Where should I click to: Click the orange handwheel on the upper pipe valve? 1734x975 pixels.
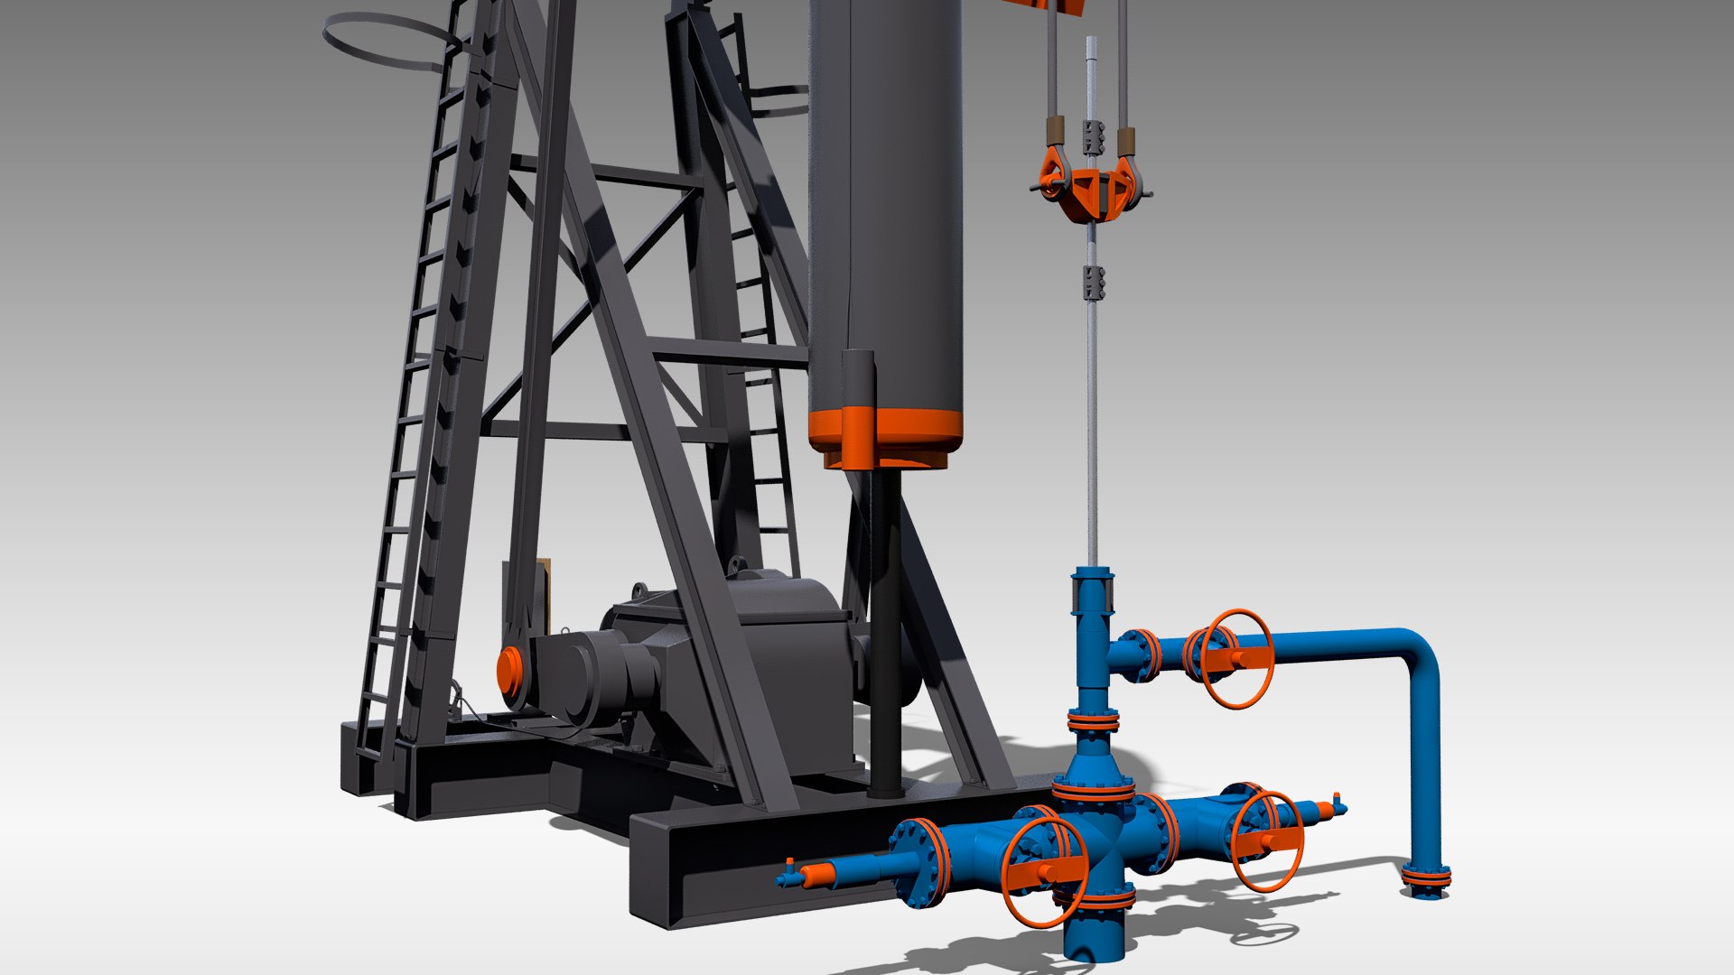click(x=1236, y=658)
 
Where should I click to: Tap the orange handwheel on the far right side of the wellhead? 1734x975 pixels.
click(x=1268, y=840)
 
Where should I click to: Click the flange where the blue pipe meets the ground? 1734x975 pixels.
click(x=1426, y=877)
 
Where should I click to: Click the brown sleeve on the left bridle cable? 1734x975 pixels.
click(x=1054, y=131)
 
